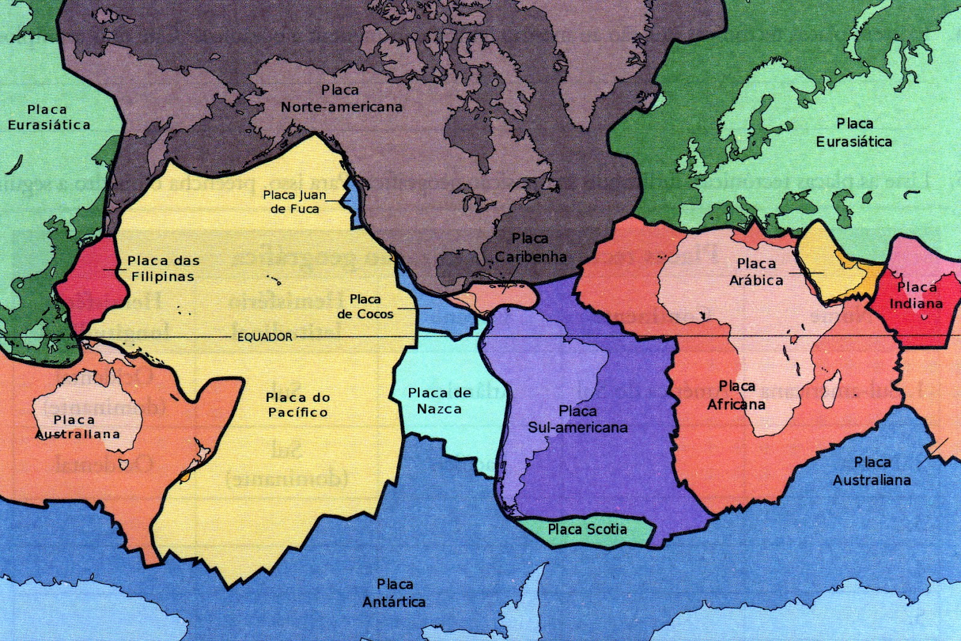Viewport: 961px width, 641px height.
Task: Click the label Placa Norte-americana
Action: coord(341,99)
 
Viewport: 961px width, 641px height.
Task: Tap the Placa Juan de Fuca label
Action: coord(295,202)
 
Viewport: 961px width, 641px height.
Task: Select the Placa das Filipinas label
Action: coord(163,269)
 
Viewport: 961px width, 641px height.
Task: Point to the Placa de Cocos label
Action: coord(365,306)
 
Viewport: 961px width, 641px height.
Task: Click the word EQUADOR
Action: coord(265,337)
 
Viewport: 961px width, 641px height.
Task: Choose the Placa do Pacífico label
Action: coord(298,405)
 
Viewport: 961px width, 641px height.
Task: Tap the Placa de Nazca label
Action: coord(439,401)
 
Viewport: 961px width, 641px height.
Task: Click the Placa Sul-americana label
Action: coord(578,419)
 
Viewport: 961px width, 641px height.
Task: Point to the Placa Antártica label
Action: coord(394,593)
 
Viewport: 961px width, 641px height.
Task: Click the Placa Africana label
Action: coord(736,395)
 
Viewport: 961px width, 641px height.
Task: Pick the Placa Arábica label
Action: coord(756,272)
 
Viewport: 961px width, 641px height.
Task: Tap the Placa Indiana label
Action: coord(916,296)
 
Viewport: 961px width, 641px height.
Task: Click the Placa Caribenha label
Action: coord(530,248)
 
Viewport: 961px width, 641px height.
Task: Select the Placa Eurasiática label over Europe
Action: coord(854,133)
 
